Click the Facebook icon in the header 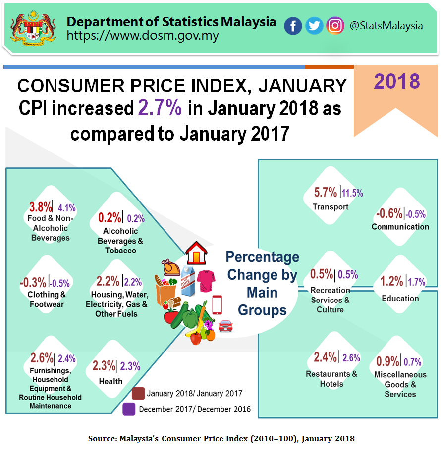click(293, 26)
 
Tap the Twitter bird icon click(314, 26)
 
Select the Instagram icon click(335, 26)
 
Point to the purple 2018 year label click(397, 81)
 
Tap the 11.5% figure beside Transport click(352, 193)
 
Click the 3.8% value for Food click(40, 207)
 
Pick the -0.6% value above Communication click(389, 213)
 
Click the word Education click(400, 298)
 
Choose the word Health click(110, 381)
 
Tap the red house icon click(196, 254)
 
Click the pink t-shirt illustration click(206, 281)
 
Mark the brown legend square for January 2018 click(139, 394)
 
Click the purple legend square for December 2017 click(129, 409)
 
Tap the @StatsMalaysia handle click(386, 26)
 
